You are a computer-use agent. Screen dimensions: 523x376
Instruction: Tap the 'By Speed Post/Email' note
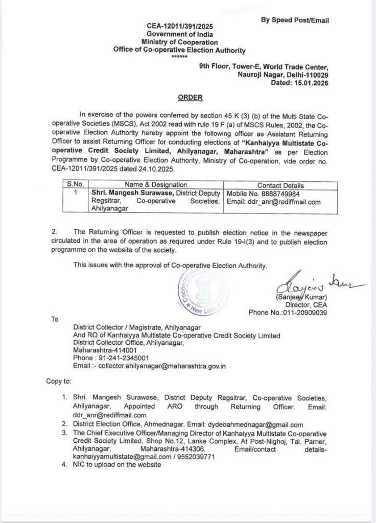pos(295,20)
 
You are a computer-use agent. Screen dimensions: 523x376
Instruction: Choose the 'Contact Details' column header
pos(280,185)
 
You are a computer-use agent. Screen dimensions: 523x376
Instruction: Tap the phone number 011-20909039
pos(304,313)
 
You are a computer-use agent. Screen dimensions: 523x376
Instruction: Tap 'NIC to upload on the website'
pos(117,465)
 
